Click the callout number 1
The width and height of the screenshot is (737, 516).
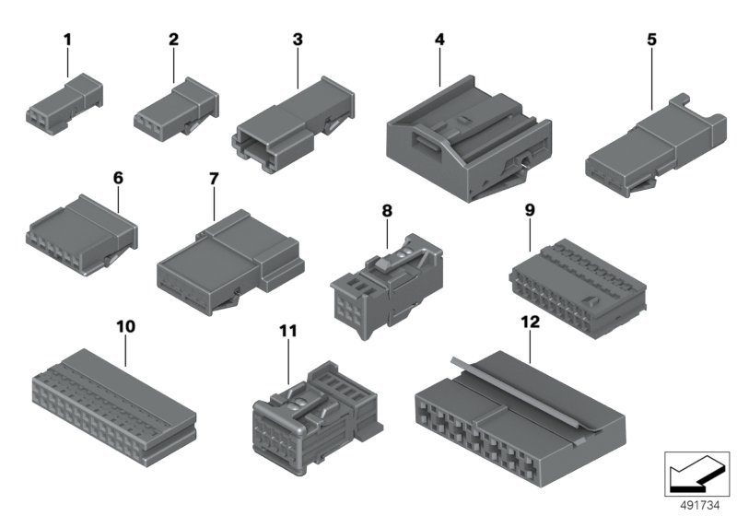pos(67,40)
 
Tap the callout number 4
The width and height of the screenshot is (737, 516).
pos(439,40)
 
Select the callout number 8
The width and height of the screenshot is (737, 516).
pos(387,211)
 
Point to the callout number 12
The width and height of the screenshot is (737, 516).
pos(531,322)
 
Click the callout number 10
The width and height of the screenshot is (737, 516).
pos(125,326)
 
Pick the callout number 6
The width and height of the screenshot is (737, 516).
pos(118,178)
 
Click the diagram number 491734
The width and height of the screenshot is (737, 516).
pos(700,506)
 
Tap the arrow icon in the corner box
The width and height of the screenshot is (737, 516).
pos(696,474)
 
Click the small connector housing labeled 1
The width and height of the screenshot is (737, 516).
pos(64,104)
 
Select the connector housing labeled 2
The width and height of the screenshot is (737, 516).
pos(176,109)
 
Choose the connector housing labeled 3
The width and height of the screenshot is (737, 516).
pos(293,124)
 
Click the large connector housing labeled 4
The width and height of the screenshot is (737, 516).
pos(469,139)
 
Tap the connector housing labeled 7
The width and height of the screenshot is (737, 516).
pos(230,263)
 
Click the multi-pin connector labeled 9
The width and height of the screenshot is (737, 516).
pos(578,288)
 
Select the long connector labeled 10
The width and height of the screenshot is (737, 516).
pos(114,407)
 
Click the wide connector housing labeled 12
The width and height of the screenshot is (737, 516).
pos(521,418)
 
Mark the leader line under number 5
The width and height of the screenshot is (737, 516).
pos(651,79)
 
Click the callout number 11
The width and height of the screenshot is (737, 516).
pos(288,331)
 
